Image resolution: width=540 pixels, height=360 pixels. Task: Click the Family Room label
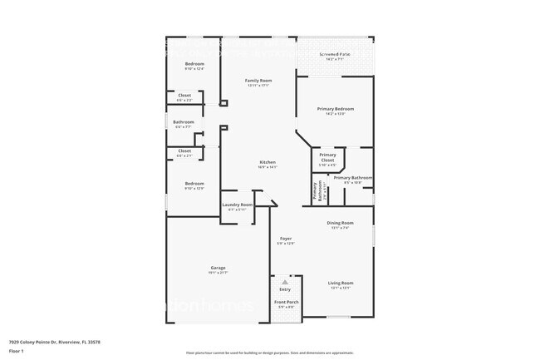click(x=258, y=81)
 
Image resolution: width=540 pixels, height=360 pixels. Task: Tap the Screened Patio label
click(x=335, y=57)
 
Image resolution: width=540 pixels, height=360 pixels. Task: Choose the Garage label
click(x=218, y=268)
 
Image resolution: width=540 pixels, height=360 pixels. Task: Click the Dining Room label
click(x=341, y=223)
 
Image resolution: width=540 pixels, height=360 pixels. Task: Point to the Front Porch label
click(x=287, y=302)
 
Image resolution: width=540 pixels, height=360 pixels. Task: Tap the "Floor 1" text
click(x=17, y=350)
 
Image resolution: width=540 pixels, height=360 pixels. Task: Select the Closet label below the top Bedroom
click(x=184, y=96)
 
